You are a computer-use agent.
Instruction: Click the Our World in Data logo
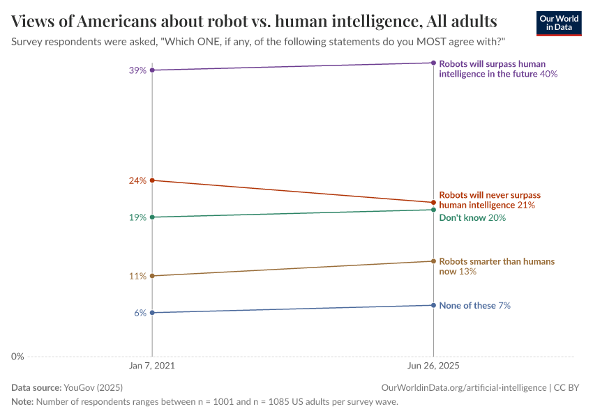click(558, 23)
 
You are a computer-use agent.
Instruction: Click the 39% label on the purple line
click(137, 70)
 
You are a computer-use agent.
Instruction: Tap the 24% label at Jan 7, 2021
click(137, 180)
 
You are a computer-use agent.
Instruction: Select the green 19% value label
click(137, 217)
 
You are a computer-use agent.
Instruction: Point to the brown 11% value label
click(137, 276)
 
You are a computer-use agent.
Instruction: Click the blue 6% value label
click(140, 313)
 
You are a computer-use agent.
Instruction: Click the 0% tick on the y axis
click(17, 357)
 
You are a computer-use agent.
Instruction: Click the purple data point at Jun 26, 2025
click(434, 63)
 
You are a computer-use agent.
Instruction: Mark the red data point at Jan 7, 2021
click(152, 180)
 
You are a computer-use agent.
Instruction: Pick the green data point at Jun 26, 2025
click(434, 210)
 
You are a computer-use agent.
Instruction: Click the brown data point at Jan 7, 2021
click(152, 276)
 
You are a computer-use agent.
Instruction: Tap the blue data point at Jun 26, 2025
click(434, 305)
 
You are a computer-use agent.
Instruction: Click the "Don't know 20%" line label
click(472, 218)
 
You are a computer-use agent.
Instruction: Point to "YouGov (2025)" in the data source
click(93, 387)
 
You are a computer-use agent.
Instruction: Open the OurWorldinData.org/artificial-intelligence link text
click(464, 387)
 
